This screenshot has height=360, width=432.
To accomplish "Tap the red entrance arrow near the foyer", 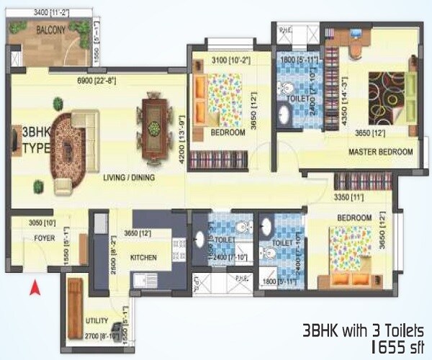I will click(32, 289).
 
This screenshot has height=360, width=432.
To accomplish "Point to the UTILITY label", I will click(96, 320).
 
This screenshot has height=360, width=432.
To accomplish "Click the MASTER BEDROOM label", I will click(380, 152).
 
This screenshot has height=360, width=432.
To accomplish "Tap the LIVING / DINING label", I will click(130, 177).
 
